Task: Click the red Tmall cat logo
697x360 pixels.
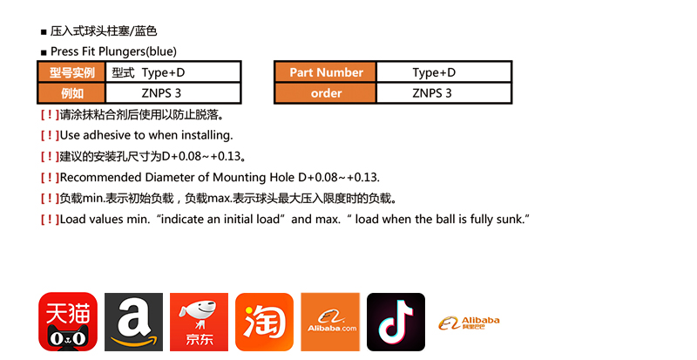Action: click(68, 322)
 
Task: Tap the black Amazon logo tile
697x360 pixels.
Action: click(133, 322)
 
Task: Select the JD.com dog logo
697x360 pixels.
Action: click(199, 322)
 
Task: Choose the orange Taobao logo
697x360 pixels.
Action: click(264, 322)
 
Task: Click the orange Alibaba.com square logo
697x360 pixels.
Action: click(330, 322)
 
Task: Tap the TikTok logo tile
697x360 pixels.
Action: click(396, 322)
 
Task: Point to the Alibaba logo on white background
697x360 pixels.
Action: click(469, 323)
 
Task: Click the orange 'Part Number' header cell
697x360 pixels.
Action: click(326, 72)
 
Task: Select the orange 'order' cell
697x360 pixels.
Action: click(326, 92)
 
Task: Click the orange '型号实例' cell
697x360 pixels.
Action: click(71, 72)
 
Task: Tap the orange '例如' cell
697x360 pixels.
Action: click(71, 92)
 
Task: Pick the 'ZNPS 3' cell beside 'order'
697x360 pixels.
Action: click(433, 92)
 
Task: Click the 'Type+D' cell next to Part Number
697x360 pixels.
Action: click(433, 72)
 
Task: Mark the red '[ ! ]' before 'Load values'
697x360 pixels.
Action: click(49, 218)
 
